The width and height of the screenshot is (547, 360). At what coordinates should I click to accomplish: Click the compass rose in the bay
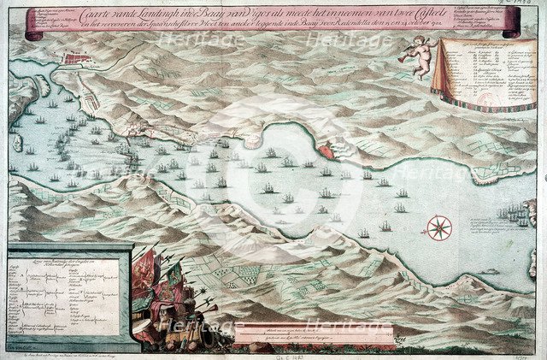[439, 227]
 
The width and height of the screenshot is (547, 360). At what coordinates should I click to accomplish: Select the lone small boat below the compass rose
[491, 271]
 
